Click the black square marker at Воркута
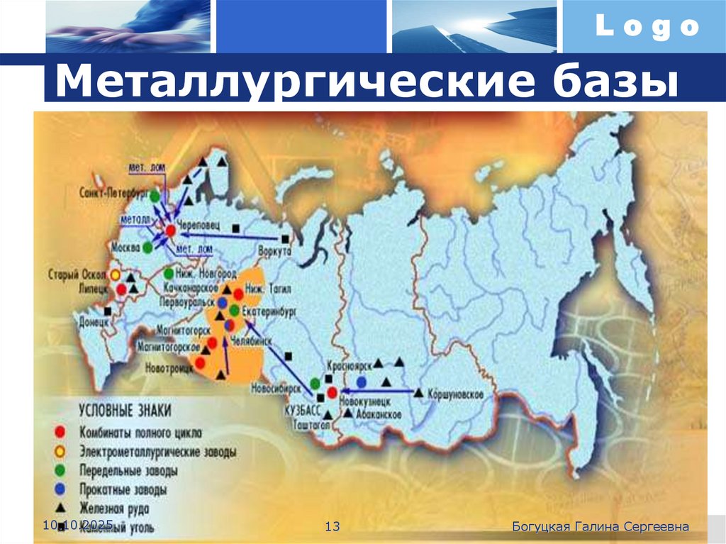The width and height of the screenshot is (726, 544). (x=285, y=239)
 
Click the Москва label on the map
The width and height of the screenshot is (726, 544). (x=125, y=248)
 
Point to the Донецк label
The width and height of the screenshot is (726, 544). (x=94, y=321)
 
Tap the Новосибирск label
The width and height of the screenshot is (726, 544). (x=279, y=387)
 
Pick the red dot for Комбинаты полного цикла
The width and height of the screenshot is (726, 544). (x=61, y=432)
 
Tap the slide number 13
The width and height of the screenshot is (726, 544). (x=333, y=526)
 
